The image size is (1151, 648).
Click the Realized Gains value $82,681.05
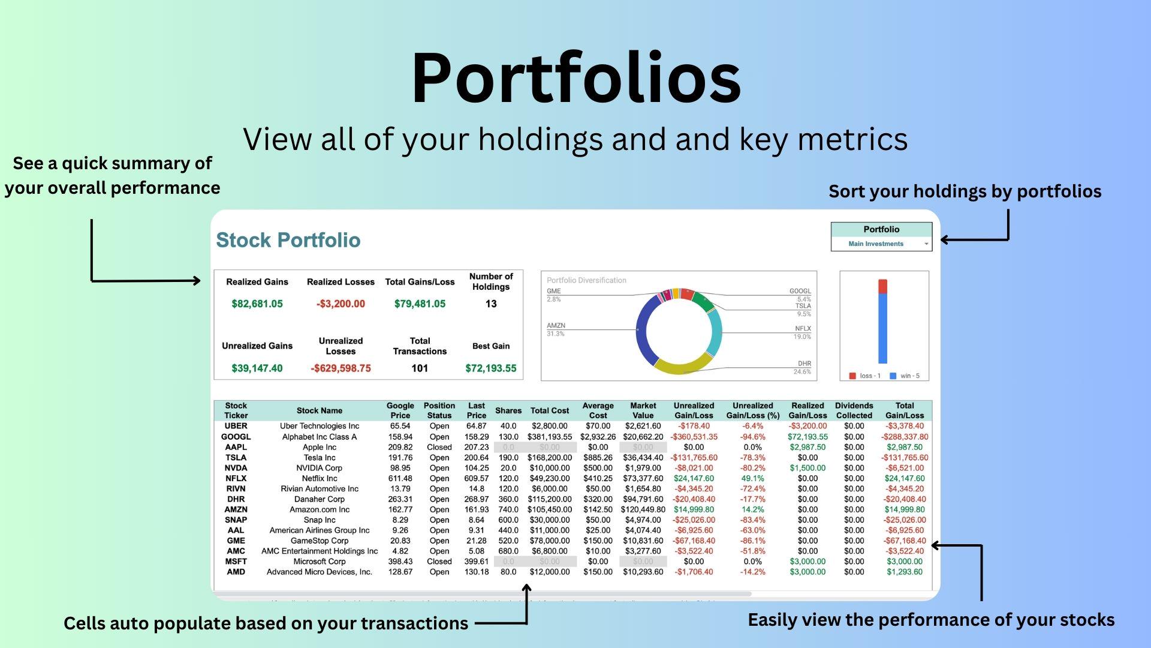[257, 304]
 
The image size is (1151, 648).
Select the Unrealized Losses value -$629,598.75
[341, 368]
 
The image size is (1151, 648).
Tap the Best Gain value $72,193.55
[490, 368]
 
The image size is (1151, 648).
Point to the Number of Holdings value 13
[490, 304]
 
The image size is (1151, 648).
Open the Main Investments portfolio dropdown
[881, 244]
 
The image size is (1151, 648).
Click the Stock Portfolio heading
[288, 240]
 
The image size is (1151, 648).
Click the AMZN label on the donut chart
[556, 326]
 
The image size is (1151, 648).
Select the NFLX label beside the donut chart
[803, 329]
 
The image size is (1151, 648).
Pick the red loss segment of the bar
[882, 286]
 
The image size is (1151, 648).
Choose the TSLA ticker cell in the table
[236, 458]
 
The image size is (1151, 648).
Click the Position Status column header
[439, 410]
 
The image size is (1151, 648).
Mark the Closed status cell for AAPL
[439, 447]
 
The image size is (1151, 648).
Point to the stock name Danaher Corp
[319, 499]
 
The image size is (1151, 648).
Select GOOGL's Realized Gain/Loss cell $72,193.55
[807, 437]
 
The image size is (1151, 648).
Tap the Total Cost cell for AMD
[549, 572]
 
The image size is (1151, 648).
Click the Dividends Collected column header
[854, 410]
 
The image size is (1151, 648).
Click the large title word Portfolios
[575, 78]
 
